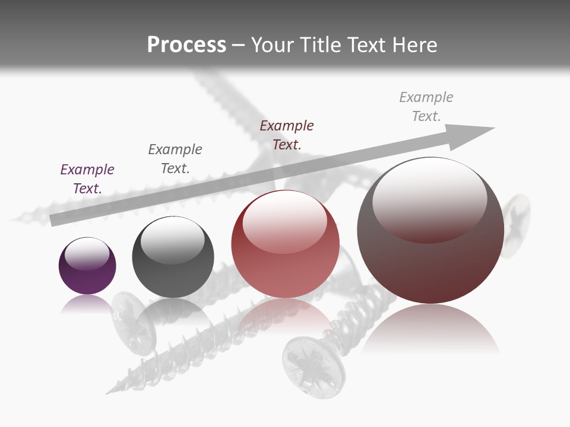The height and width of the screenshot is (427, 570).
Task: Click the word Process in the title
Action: [186, 44]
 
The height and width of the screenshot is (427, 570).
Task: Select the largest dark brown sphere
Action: [430, 267]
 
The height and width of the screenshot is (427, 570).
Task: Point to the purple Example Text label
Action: [87, 179]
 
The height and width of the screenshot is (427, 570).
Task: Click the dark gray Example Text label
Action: [175, 158]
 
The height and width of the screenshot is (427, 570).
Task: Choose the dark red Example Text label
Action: [287, 135]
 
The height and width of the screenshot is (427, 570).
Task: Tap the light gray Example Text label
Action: [426, 106]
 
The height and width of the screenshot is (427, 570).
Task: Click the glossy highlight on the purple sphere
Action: [87, 253]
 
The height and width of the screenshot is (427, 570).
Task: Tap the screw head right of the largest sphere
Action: [516, 225]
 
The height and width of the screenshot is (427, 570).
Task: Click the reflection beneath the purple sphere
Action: [87, 304]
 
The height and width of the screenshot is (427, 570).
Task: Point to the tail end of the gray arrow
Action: [53, 221]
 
